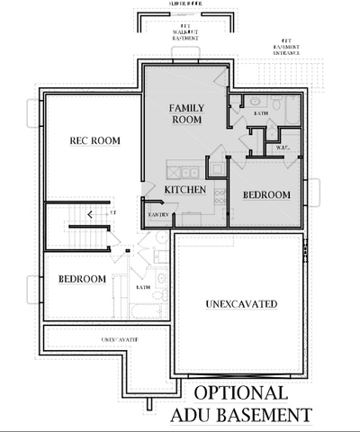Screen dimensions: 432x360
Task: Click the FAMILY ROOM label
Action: click(186, 113)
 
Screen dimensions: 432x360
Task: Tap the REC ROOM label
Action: click(95, 141)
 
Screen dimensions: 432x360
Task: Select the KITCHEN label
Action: click(185, 191)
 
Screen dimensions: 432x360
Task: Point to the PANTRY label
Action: click(157, 215)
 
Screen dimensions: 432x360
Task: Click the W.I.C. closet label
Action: click(280, 148)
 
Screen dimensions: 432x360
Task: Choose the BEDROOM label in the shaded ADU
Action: click(266, 195)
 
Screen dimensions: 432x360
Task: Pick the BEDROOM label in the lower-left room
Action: click(83, 279)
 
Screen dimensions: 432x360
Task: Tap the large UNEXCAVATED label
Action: click(239, 302)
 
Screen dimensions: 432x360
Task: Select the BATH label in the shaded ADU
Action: click(261, 114)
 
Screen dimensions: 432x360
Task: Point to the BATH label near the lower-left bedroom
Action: click(143, 287)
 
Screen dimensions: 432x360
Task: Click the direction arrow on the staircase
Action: click(88, 213)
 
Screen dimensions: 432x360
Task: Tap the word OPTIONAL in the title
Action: click(240, 393)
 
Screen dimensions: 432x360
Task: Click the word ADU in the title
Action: click(193, 414)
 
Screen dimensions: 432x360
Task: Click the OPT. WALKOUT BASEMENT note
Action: click(184, 35)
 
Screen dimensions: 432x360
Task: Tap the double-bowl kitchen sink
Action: click(190, 172)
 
